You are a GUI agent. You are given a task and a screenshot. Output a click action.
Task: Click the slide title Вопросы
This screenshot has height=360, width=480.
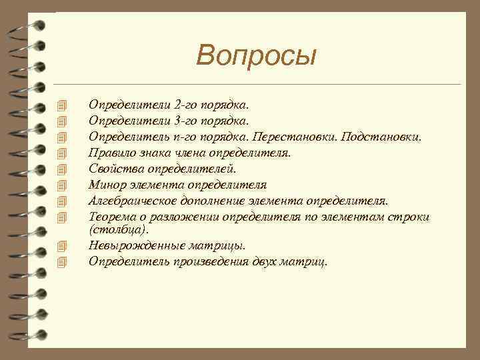tap(256, 55)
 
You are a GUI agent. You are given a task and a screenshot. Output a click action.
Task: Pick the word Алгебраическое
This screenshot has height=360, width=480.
tap(129, 201)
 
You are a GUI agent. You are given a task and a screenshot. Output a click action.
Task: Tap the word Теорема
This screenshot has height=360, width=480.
tap(111, 217)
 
